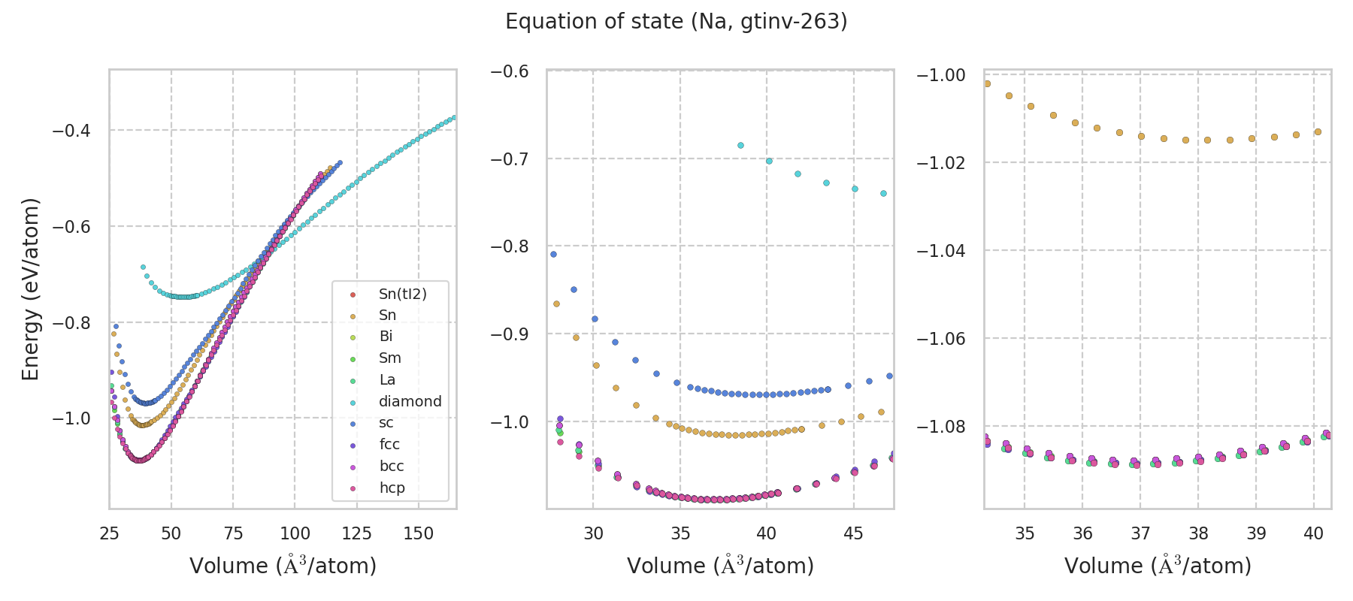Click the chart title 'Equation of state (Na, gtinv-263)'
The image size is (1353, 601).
[676, 22]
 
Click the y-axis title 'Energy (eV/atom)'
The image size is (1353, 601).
[30, 289]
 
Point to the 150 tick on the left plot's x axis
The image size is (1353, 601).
[419, 533]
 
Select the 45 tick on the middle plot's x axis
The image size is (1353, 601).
[853, 533]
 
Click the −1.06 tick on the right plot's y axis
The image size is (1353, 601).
[940, 339]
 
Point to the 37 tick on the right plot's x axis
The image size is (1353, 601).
[1140, 533]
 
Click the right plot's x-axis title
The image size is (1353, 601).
[1158, 566]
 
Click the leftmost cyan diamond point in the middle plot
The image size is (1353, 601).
[740, 145]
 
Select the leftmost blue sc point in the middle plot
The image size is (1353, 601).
[553, 254]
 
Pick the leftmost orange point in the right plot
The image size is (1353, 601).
[987, 83]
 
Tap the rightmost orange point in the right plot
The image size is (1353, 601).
[1318, 131]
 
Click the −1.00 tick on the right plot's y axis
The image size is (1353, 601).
[940, 75]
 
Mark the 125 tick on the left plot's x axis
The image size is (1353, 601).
[356, 533]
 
